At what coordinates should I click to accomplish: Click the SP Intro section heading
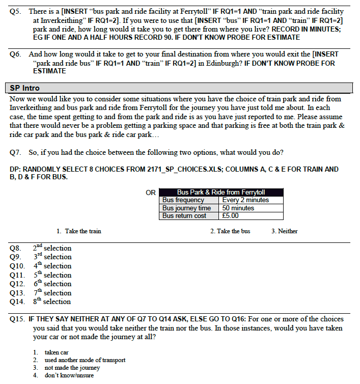pyautogui.click(x=24, y=88)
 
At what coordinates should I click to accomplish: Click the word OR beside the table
pyautogui.click(x=151, y=193)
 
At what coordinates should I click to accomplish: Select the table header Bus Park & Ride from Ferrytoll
pyautogui.click(x=221, y=193)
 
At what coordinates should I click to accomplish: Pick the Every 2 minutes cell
pyautogui.click(x=245, y=200)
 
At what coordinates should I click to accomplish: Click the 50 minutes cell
pyautogui.click(x=238, y=208)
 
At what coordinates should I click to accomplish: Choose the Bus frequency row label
pyautogui.click(x=183, y=200)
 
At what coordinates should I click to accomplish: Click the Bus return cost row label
pyautogui.click(x=184, y=215)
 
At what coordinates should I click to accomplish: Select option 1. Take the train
pyautogui.click(x=79, y=231)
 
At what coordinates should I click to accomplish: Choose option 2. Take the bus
pyautogui.click(x=230, y=231)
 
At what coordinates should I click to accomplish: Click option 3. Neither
pyautogui.click(x=285, y=231)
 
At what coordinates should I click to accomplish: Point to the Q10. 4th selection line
pyautogui.click(x=41, y=266)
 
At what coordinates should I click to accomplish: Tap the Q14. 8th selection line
pyautogui.click(x=41, y=301)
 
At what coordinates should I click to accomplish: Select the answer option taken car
pyautogui.click(x=57, y=352)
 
